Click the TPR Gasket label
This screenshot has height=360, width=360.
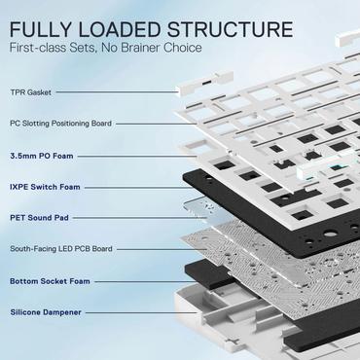31,92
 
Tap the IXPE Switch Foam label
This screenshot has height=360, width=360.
44,187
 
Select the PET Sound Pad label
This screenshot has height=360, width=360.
39,218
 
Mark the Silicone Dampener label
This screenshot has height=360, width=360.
45,312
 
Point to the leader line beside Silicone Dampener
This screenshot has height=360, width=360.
136,312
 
